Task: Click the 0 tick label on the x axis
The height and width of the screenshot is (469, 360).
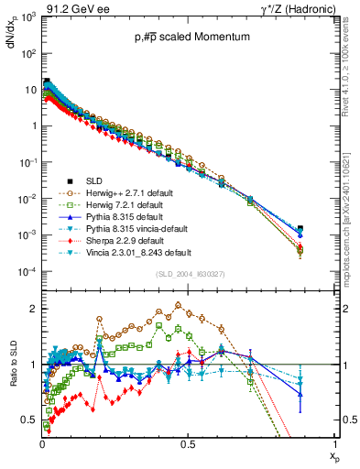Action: click(42, 444)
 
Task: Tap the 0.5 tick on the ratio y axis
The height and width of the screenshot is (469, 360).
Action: click(28, 420)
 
